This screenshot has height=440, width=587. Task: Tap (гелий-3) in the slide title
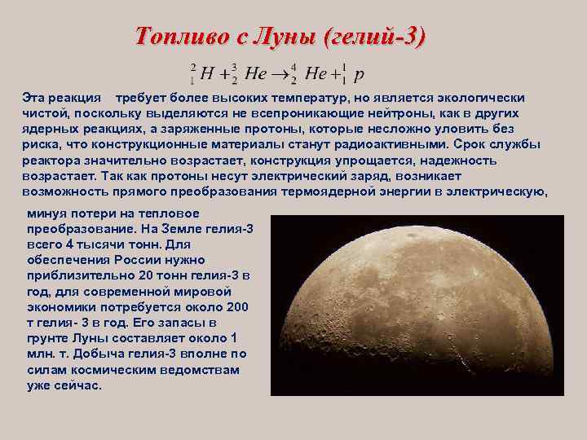[374, 37]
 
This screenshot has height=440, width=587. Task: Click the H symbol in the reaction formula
[206, 73]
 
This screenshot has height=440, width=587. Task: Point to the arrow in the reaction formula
[282, 73]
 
